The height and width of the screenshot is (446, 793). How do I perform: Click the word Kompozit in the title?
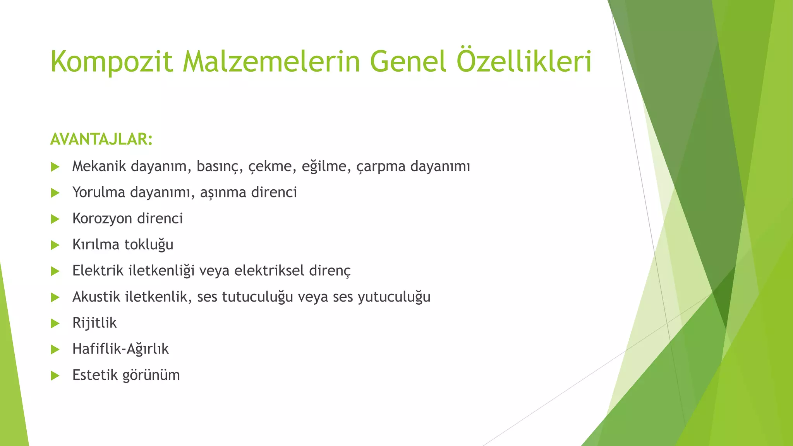pyautogui.click(x=112, y=62)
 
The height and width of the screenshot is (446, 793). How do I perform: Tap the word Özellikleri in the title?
pyautogui.click(x=524, y=61)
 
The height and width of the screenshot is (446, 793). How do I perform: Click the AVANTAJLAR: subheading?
pyautogui.click(x=101, y=139)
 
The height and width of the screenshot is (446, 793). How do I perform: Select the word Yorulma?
pyautogui.click(x=99, y=192)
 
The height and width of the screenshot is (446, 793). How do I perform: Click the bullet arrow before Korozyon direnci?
pyautogui.click(x=55, y=219)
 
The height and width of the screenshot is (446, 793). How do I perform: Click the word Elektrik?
pyautogui.click(x=98, y=271)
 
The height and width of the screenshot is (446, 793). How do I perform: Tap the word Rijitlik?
pyautogui.click(x=94, y=323)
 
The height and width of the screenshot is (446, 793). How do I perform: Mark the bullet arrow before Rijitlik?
pyautogui.click(x=55, y=323)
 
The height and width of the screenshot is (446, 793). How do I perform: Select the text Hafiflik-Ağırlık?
pyautogui.click(x=120, y=349)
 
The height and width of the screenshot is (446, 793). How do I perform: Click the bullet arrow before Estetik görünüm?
pyautogui.click(x=55, y=376)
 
